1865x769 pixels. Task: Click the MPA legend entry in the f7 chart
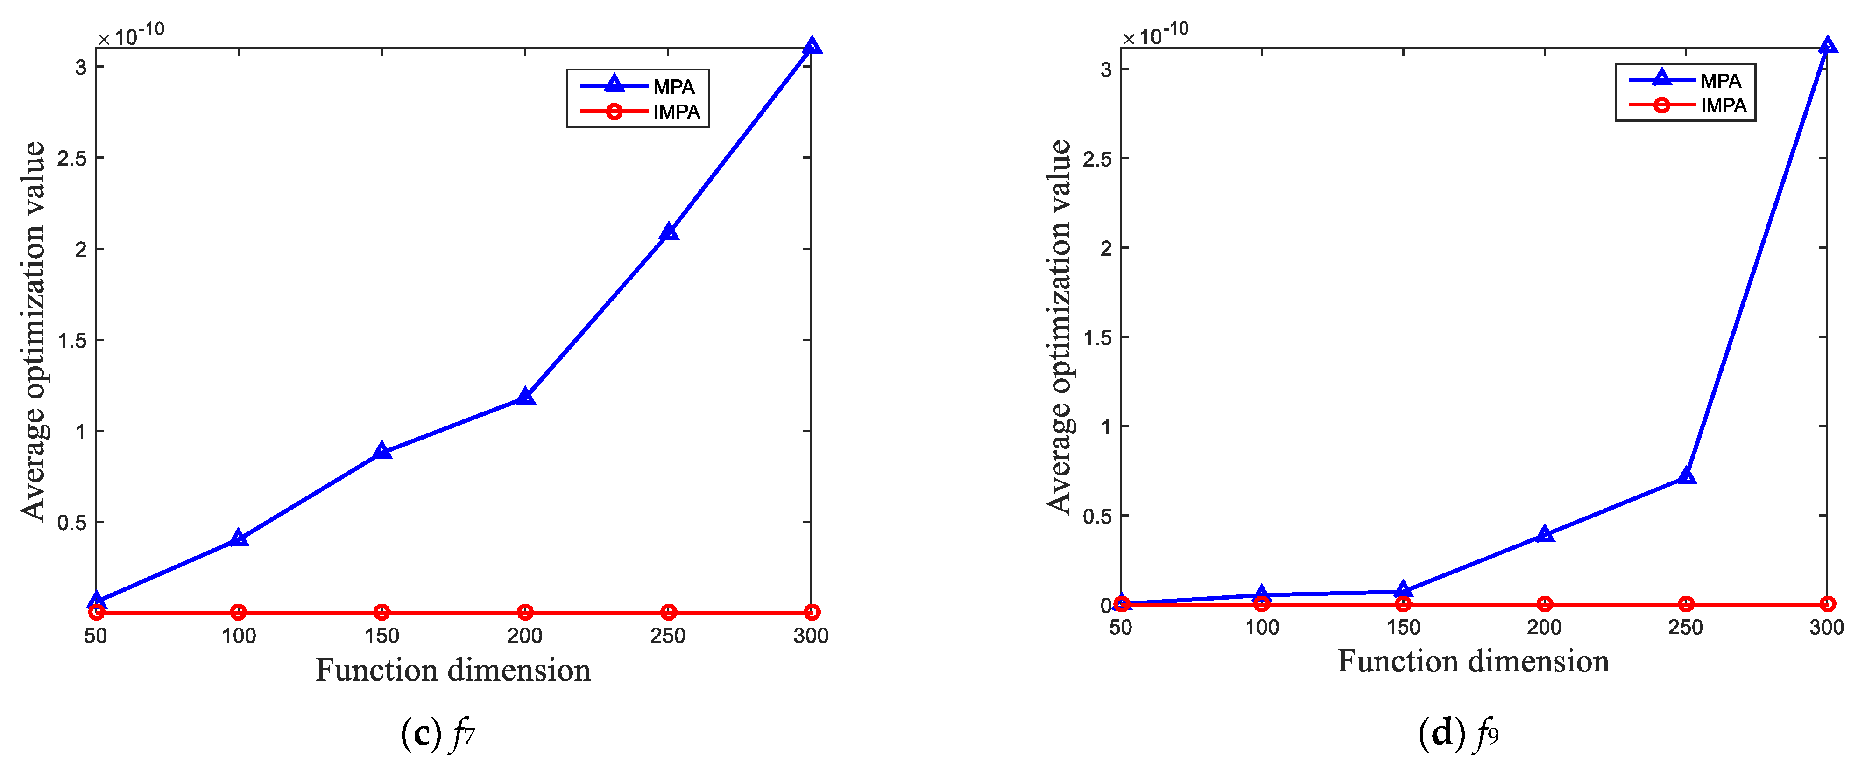coord(673,87)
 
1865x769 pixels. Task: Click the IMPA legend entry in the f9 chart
coord(1723,105)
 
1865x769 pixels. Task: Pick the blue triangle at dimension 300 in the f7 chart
coord(812,46)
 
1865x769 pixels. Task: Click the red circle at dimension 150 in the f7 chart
coord(382,612)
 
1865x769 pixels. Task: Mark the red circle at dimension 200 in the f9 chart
coord(1544,604)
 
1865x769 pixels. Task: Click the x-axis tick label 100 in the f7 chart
coord(239,636)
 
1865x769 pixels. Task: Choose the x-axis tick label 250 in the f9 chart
coord(1685,627)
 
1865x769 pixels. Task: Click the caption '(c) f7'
coord(438,734)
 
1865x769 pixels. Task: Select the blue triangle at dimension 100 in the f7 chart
coord(239,538)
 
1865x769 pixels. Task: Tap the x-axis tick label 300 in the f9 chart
coord(1826,627)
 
